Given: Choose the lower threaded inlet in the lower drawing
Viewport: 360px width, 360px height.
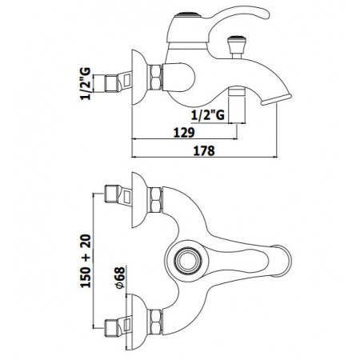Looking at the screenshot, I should [114, 326].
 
